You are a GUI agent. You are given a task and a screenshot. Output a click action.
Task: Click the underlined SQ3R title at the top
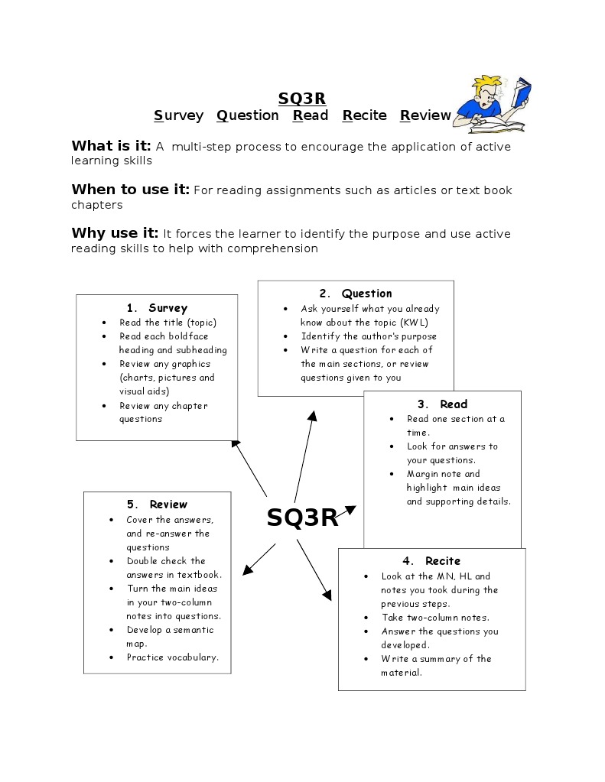click(x=302, y=98)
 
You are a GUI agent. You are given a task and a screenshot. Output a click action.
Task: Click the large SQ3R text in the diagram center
click(x=302, y=518)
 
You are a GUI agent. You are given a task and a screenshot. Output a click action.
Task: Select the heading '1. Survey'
click(x=157, y=308)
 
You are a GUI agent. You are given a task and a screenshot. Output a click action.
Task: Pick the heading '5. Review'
click(x=157, y=505)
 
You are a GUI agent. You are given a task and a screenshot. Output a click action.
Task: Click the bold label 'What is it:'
click(x=111, y=146)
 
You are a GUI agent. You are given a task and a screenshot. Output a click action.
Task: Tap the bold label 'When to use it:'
click(x=130, y=190)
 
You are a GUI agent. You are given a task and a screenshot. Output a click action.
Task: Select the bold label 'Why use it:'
click(x=115, y=233)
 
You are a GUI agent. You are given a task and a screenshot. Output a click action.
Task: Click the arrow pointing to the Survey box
click(x=249, y=468)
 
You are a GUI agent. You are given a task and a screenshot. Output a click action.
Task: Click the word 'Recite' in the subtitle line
click(x=365, y=115)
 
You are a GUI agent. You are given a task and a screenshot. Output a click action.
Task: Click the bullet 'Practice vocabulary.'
click(x=173, y=657)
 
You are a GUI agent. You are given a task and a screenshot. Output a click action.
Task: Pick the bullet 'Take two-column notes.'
click(x=436, y=618)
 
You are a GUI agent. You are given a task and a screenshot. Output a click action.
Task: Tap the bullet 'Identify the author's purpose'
click(x=369, y=336)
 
